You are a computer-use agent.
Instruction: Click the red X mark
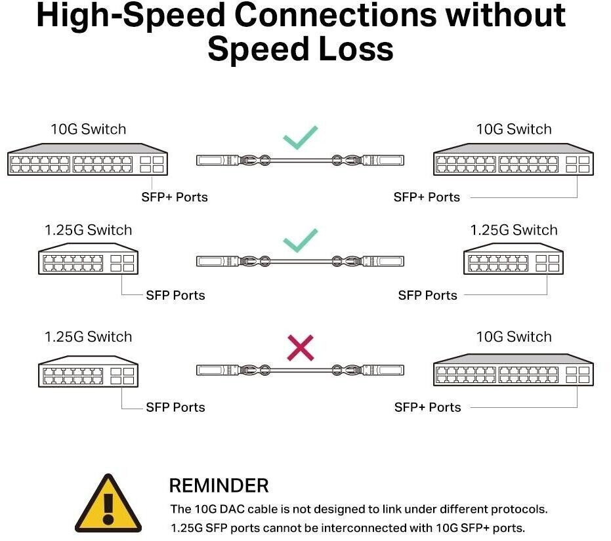[x=301, y=348]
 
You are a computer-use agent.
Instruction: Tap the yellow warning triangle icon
[x=108, y=503]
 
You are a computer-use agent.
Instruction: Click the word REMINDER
[x=219, y=486]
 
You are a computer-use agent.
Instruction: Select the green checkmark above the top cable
[x=301, y=138]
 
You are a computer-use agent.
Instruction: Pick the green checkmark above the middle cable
[x=301, y=240]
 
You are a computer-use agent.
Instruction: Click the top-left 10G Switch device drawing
[x=88, y=159]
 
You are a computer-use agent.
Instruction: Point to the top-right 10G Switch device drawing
[x=514, y=159]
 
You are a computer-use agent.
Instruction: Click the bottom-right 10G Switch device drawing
[x=514, y=370]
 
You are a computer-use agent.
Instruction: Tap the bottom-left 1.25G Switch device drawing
[x=88, y=371]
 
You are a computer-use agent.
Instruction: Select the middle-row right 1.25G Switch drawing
[x=514, y=258]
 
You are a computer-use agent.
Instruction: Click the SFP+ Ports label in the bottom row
[x=427, y=407]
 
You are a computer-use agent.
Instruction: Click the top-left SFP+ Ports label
[x=175, y=197]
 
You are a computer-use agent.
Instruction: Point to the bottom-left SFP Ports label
[x=175, y=407]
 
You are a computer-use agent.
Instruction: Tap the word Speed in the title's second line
[x=257, y=49]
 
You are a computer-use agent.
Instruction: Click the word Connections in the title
[x=335, y=16]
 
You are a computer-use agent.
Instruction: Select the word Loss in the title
[x=356, y=49]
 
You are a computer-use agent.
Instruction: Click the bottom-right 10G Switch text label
[x=514, y=336]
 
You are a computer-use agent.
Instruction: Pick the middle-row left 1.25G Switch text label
[x=88, y=230]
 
